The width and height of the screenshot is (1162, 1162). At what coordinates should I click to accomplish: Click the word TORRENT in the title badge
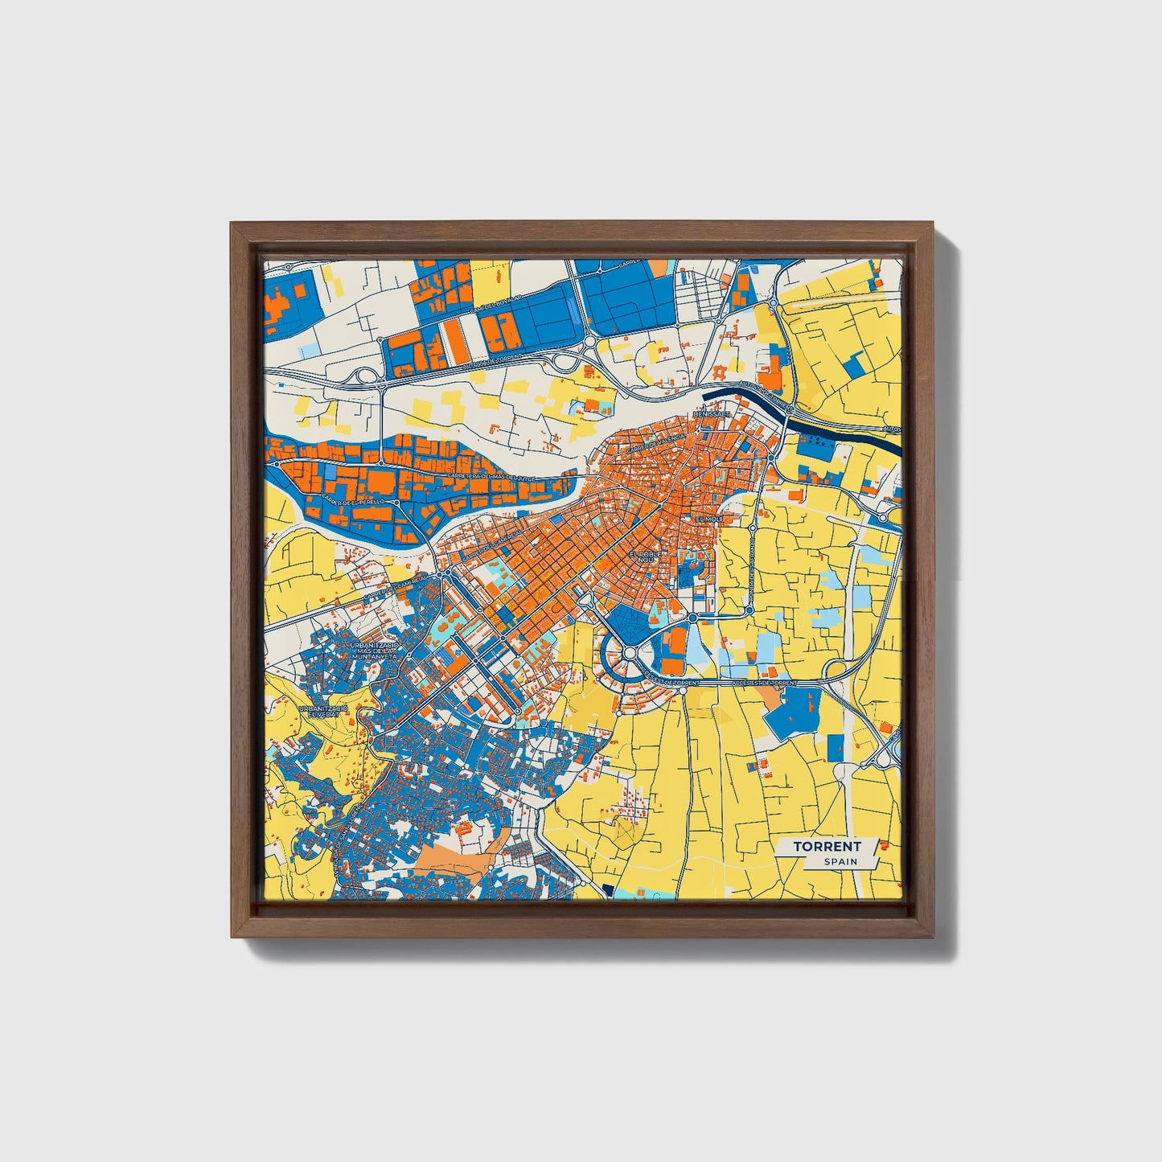point(827,846)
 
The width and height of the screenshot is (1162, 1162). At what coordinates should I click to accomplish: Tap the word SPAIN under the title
point(840,861)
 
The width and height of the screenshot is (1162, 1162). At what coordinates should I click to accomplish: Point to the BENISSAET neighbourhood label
point(711,414)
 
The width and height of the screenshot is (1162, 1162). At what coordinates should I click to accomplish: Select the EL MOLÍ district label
point(709,519)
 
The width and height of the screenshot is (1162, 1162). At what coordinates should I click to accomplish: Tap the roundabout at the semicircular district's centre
point(630,653)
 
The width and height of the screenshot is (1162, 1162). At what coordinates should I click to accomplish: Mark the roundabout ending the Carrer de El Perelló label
point(395,502)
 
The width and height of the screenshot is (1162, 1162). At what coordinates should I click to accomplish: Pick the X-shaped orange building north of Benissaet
point(718,372)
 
